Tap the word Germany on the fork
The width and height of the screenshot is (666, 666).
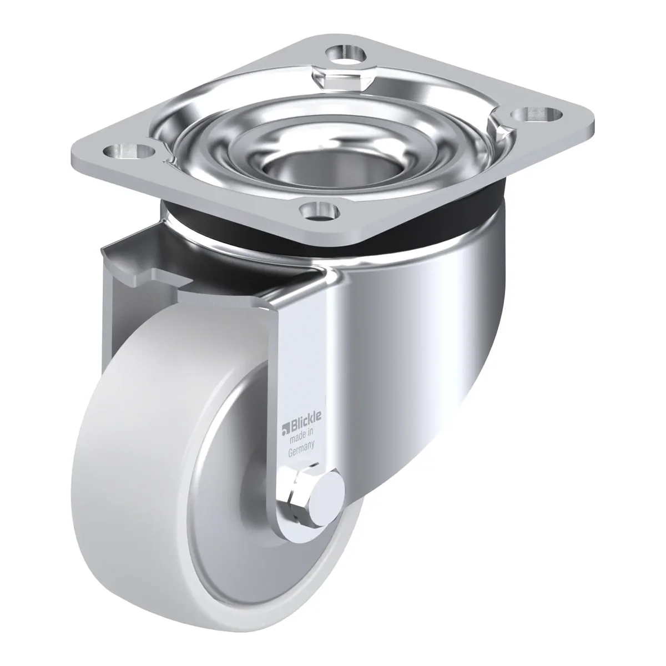(301, 448)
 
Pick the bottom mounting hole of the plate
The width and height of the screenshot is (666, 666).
(319, 210)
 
